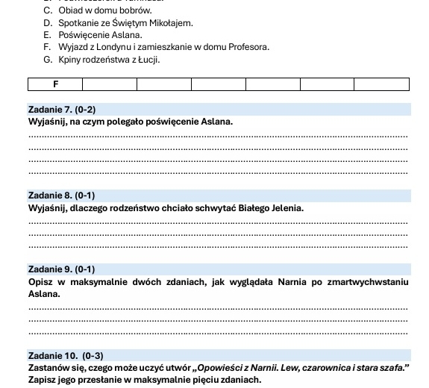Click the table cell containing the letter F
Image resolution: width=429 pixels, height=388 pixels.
(x=55, y=84)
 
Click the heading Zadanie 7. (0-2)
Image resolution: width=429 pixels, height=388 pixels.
(x=62, y=110)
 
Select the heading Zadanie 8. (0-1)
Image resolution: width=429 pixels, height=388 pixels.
(x=62, y=195)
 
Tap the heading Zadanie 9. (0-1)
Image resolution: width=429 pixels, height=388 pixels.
(x=62, y=269)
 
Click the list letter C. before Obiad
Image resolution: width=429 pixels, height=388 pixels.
(x=48, y=10)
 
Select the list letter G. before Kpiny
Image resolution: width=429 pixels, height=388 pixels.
(x=48, y=59)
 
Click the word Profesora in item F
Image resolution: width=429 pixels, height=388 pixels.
(x=227, y=47)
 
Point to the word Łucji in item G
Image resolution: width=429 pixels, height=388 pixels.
(x=149, y=59)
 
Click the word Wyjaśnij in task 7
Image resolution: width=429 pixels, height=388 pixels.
(x=46, y=122)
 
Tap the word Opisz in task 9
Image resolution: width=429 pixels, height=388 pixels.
(x=41, y=282)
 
